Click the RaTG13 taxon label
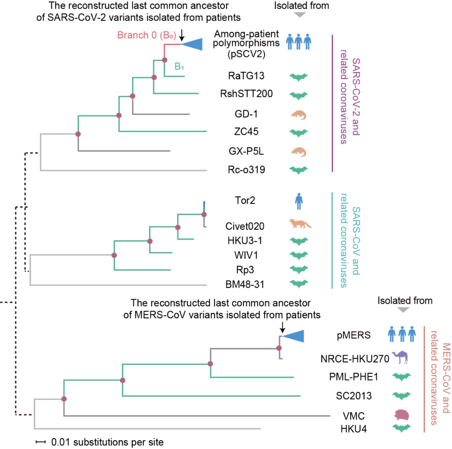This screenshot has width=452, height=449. pyautogui.click(x=246, y=76)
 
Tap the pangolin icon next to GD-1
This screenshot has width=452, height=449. pyautogui.click(x=298, y=115)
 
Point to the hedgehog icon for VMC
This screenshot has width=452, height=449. pyautogui.click(x=401, y=415)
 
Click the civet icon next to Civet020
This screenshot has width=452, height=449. pyautogui.click(x=300, y=223)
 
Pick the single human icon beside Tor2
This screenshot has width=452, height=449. pyautogui.click(x=299, y=201)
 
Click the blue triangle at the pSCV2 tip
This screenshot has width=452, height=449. pyautogui.click(x=192, y=44)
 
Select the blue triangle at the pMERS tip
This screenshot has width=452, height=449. pyautogui.click(x=293, y=336)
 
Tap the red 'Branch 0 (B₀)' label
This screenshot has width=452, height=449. pyautogui.click(x=146, y=35)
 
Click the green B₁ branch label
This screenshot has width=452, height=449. pyautogui.click(x=179, y=67)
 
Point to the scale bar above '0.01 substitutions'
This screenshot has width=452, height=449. pyautogui.click(x=41, y=442)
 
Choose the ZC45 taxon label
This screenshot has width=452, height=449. pyautogui.click(x=246, y=131)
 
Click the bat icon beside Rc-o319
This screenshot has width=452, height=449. pyautogui.click(x=299, y=170)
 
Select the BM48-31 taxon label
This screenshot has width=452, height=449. pyautogui.click(x=245, y=285)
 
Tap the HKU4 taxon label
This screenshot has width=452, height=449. pyautogui.click(x=353, y=429)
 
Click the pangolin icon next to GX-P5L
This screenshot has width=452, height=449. pyautogui.click(x=298, y=152)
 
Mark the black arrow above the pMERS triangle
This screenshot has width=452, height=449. pyautogui.click(x=282, y=327)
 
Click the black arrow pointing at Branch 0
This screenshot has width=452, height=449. pyautogui.click(x=182, y=35)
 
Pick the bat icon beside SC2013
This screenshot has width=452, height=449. pyautogui.click(x=401, y=396)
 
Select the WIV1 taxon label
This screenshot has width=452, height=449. pyautogui.click(x=246, y=255)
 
